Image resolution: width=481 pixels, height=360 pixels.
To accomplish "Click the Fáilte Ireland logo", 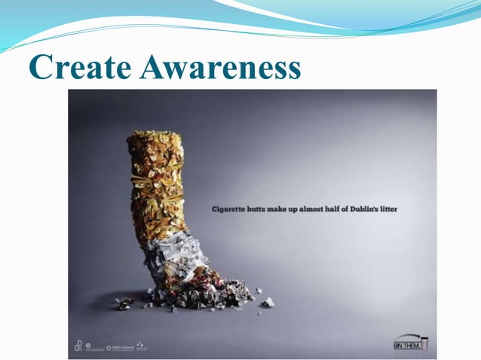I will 118,347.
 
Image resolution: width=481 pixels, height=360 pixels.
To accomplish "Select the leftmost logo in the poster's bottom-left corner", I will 78,346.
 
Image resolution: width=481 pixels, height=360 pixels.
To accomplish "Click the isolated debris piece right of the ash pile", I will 267,302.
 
